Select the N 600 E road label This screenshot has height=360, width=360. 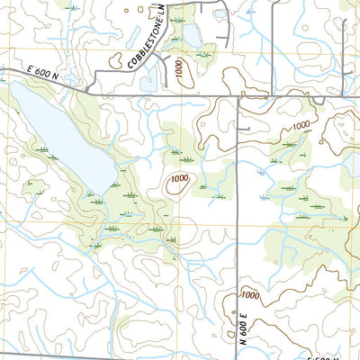[x=243, y=328]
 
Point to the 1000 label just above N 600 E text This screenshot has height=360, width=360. [x=249, y=296]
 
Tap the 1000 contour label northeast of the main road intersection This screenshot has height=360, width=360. [x=300, y=125]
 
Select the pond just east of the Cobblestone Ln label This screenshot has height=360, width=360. [x=193, y=35]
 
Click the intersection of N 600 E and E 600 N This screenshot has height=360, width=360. [x=237, y=94]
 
